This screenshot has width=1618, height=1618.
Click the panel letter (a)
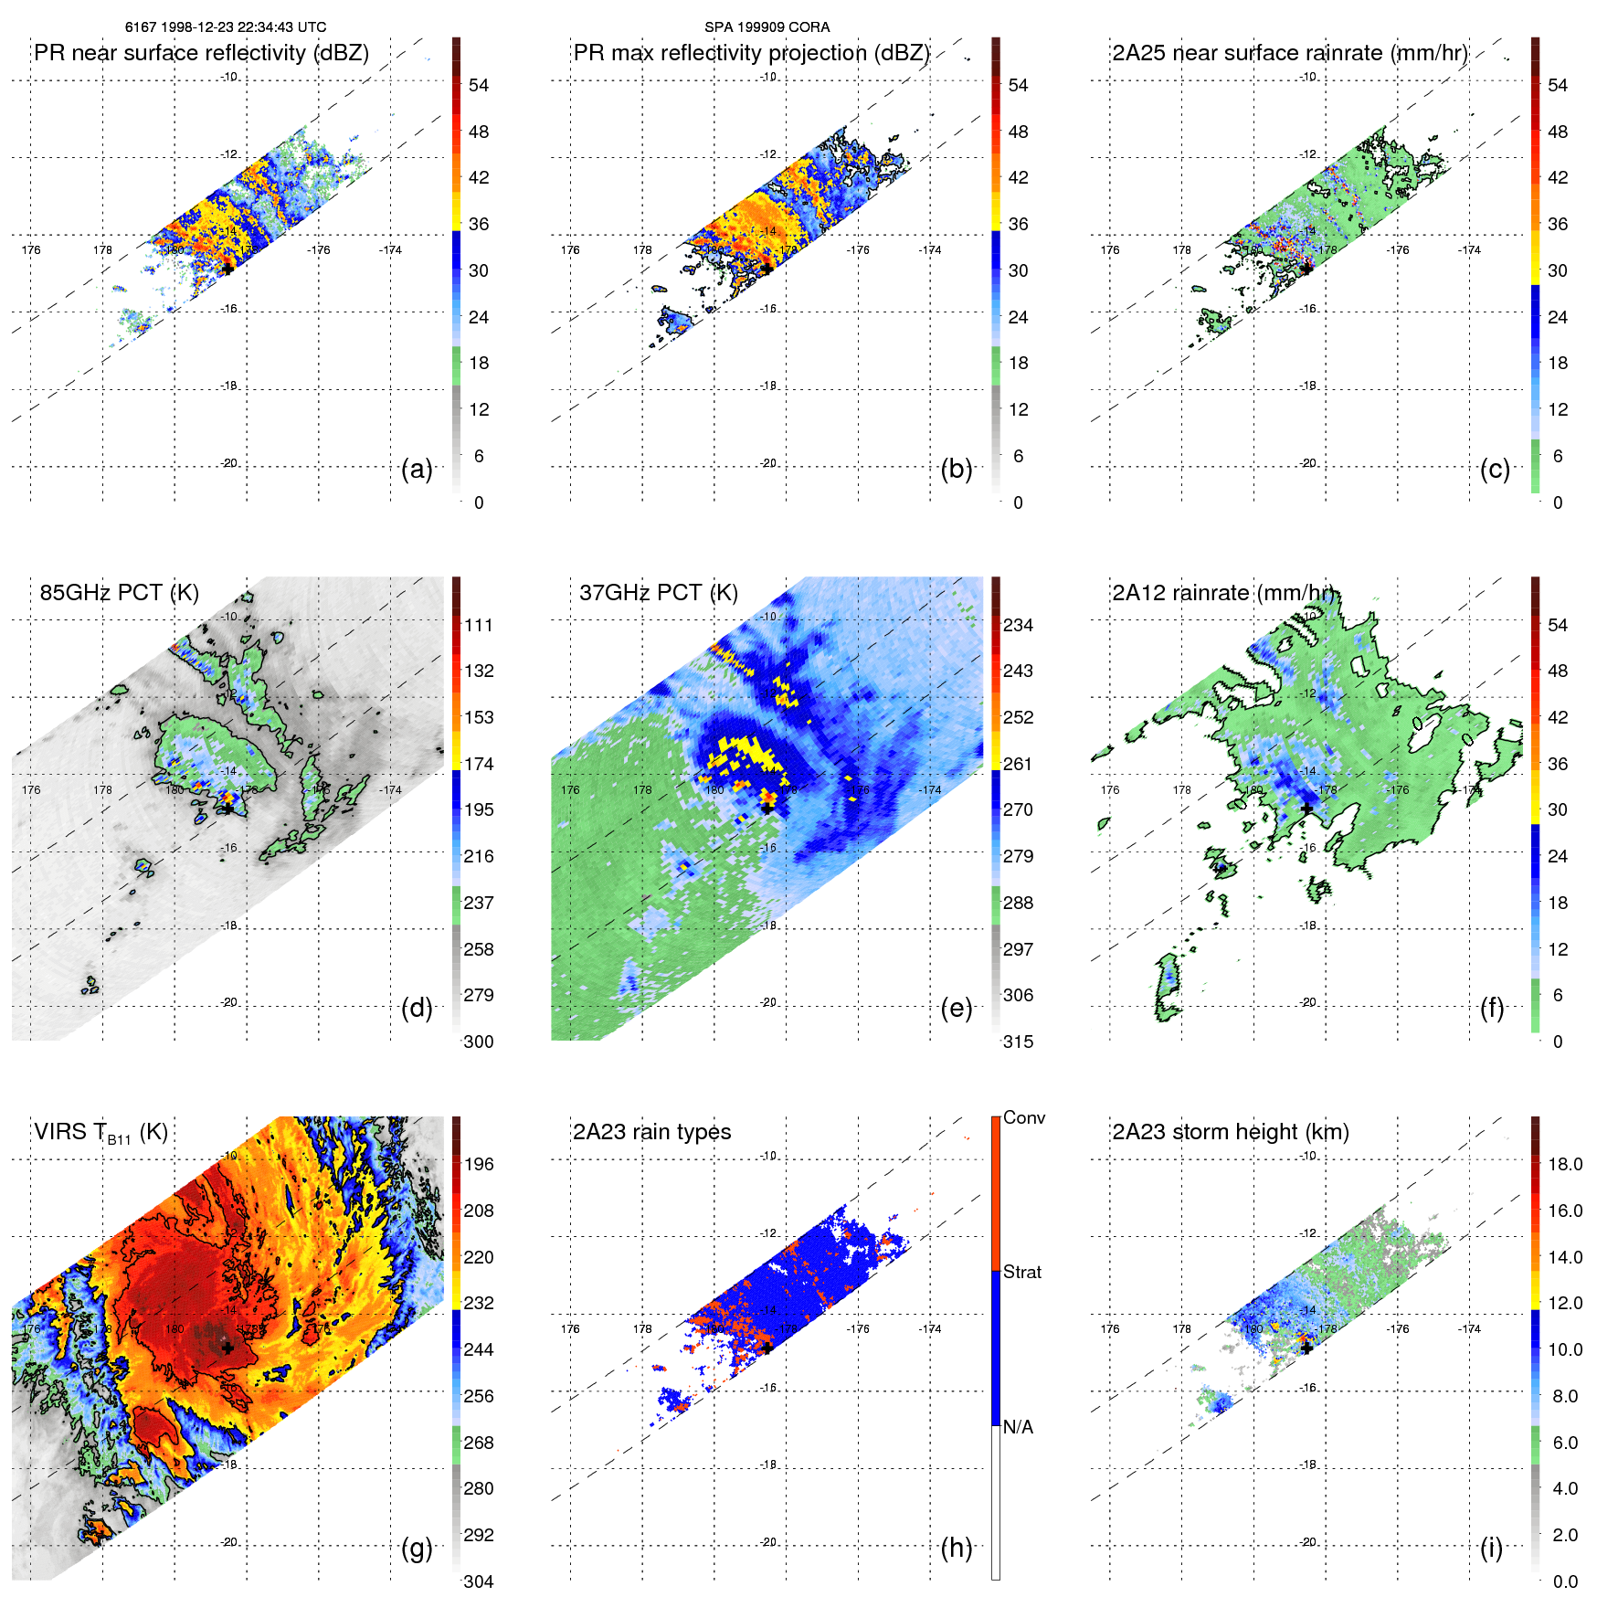pos(417,470)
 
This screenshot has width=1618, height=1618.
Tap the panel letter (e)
pos(956,1009)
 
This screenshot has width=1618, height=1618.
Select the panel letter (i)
pos(1491,1548)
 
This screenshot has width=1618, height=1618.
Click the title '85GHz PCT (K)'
pos(119,593)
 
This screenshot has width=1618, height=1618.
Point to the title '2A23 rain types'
pos(651,1132)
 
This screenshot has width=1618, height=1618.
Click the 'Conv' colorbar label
pos(1024,1117)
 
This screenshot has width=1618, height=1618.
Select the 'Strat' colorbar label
pos(1022,1272)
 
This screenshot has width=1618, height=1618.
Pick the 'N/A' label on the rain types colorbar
pos(1018,1427)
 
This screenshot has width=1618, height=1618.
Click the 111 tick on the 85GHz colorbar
pos(479,625)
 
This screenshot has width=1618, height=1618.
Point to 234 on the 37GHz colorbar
pos(1018,625)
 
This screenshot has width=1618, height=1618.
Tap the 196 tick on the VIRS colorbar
pos(479,1164)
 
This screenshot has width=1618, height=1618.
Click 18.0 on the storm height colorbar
pos(1564,1164)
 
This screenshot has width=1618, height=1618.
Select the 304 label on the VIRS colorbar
pos(479,1581)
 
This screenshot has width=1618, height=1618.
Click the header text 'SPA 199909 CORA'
pos(767,27)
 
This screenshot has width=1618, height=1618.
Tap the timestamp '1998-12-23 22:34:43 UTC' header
pos(243,27)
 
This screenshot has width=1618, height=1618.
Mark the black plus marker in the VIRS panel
pos(227,1348)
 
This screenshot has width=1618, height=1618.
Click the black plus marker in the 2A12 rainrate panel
pos(1306,809)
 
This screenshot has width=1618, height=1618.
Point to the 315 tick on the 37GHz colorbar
pos(1018,1042)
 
